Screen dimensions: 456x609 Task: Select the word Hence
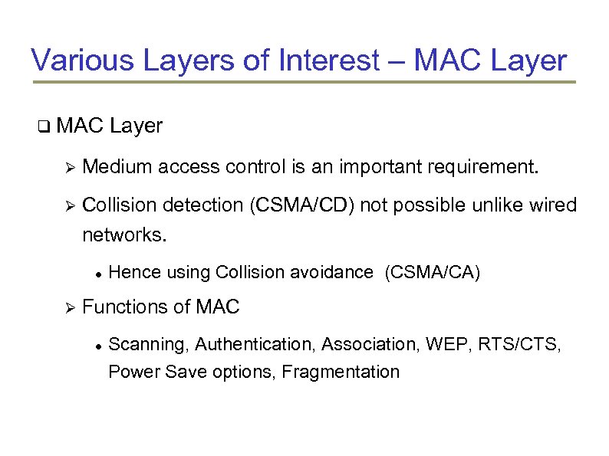pyautogui.click(x=133, y=273)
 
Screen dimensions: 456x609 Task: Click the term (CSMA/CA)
pyautogui.click(x=433, y=273)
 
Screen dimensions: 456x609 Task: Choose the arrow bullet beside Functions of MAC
pyautogui.click(x=67, y=308)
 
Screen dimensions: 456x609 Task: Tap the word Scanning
pyautogui.click(x=149, y=345)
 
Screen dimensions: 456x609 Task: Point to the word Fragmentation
pyautogui.click(x=341, y=372)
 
